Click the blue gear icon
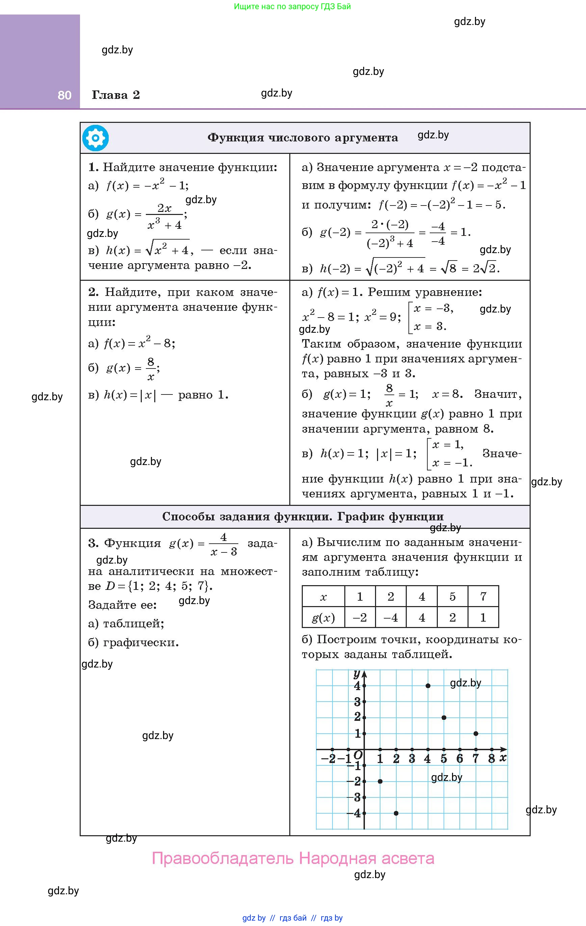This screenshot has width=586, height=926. click(96, 138)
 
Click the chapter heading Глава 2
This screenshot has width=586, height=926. click(115, 95)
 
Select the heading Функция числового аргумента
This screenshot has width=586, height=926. click(302, 138)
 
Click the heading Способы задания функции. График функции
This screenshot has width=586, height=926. click(302, 516)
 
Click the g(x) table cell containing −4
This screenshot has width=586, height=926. click(391, 618)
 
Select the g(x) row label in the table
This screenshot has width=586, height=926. click(323, 618)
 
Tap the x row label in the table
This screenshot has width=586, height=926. click(323, 597)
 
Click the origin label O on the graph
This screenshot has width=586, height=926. click(358, 755)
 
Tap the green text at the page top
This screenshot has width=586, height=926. click(292, 6)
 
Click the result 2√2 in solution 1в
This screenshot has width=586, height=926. click(485, 268)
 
